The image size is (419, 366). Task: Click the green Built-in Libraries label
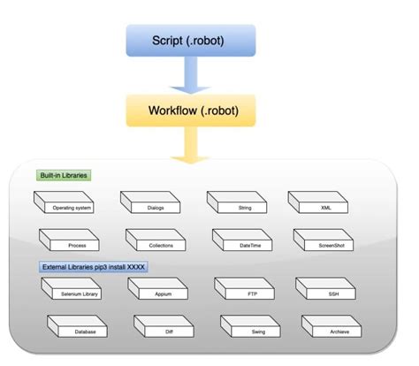[65, 175]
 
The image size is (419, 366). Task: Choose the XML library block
[324, 206]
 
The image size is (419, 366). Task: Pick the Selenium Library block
[75, 291]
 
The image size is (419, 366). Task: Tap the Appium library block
[162, 291]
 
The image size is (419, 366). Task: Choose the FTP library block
[248, 291]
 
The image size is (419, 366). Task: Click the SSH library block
[331, 291]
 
